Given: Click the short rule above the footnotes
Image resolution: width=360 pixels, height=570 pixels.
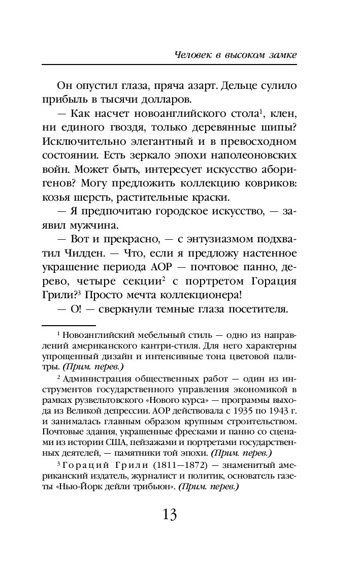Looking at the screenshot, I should point(68,324).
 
